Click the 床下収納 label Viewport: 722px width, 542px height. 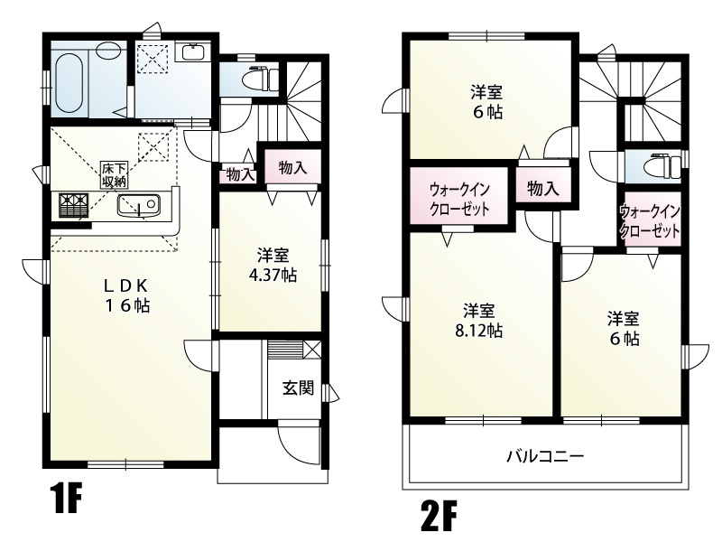pyautogui.click(x=114, y=172)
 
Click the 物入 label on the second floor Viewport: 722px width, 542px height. pyautogui.click(x=542, y=188)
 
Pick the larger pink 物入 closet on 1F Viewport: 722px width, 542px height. pyautogui.click(x=292, y=167)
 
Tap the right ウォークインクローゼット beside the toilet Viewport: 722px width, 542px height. pyautogui.click(x=649, y=221)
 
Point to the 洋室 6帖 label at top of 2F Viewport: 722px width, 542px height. pyautogui.click(x=486, y=102)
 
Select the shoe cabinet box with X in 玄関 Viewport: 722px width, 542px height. pyautogui.click(x=311, y=349)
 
